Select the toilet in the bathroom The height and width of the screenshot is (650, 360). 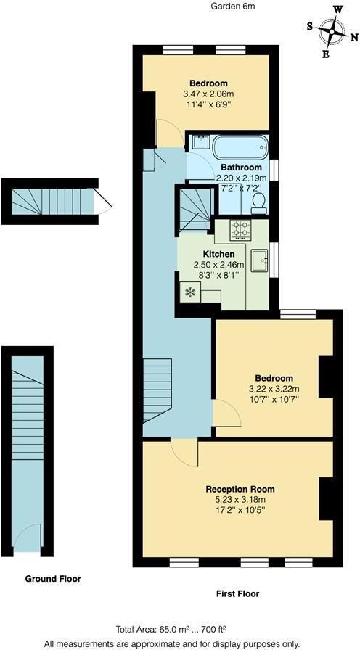(x=258, y=208)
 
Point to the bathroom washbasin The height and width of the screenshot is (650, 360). (x=200, y=143)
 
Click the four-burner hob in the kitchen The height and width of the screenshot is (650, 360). (x=240, y=230)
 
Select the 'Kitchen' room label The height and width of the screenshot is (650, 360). (x=218, y=254)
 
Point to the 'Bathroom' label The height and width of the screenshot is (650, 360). (x=242, y=168)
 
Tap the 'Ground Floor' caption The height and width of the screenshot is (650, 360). (x=53, y=579)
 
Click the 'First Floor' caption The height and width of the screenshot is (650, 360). (x=237, y=593)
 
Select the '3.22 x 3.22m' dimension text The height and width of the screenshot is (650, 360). (x=274, y=390)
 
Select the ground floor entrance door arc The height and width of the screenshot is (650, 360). (x=28, y=541)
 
